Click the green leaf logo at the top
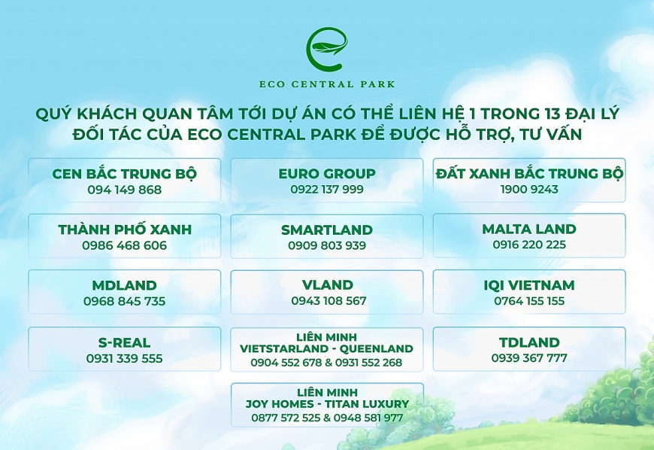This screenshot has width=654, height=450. (327, 49)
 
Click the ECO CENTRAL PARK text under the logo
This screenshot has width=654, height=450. (327, 84)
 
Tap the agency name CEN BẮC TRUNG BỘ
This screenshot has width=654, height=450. (125, 173)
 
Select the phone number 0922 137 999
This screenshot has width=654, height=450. (327, 190)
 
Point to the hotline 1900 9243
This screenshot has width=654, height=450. (529, 190)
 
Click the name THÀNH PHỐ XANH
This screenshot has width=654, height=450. (125, 230)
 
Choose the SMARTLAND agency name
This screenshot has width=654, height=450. (327, 230)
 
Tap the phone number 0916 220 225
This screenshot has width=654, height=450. (529, 245)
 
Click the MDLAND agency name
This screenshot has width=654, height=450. (125, 285)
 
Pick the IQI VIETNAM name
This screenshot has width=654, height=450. (529, 285)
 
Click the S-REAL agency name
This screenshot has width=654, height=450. (125, 342)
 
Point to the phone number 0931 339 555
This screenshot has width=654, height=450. (125, 358)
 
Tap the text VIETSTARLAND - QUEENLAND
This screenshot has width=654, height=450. (326, 348)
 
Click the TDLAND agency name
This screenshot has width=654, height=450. (529, 342)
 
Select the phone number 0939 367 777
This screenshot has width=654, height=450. (529, 358)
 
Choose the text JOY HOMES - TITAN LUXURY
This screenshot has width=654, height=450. (327, 404)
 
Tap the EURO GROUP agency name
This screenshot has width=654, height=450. (327, 173)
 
